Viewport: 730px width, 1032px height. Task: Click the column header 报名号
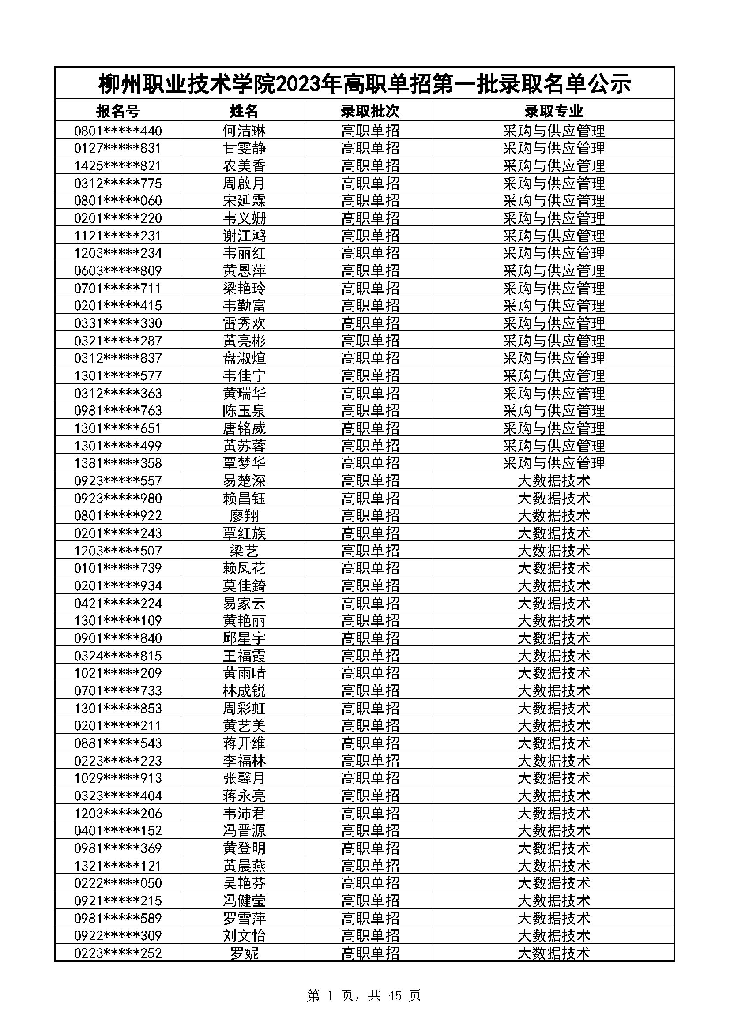[118, 111]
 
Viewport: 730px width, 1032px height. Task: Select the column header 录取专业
[553, 111]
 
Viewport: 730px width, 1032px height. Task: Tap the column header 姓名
[244, 111]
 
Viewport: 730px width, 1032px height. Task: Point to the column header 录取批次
[370, 111]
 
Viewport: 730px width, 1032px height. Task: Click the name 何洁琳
[244, 131]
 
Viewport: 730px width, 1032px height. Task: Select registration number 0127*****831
[118, 148]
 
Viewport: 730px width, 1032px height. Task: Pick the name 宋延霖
[244, 200]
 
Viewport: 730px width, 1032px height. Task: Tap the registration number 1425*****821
[118, 166]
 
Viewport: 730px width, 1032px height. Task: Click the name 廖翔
[244, 515]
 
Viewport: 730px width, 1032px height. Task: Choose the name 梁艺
[244, 551]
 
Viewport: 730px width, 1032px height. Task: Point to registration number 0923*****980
[118, 498]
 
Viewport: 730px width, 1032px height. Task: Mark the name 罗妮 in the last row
[244, 953]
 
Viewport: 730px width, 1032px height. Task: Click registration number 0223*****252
[118, 953]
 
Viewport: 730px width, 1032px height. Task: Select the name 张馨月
[244, 778]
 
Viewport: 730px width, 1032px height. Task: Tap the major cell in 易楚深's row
[553, 481]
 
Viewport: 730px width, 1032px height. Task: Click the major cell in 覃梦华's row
[553, 463]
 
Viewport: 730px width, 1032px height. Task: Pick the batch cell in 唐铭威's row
[370, 428]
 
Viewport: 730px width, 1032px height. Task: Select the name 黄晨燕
[244, 866]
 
